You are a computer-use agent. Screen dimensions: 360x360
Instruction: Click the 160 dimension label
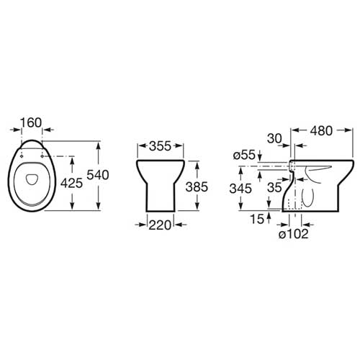[31, 122]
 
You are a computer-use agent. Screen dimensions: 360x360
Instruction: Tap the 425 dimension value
[71, 184]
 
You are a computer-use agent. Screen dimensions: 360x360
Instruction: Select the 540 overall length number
[98, 175]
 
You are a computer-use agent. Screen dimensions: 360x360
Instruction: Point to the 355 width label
[160, 146]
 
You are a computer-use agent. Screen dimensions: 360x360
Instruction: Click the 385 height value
[197, 187]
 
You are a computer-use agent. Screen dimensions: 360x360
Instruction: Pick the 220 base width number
[160, 225]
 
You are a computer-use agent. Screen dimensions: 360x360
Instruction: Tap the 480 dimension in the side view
[321, 131]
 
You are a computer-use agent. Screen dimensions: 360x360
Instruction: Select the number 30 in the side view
[274, 139]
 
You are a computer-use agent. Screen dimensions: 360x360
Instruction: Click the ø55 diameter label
[244, 156]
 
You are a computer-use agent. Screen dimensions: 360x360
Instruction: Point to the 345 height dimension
[240, 189]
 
